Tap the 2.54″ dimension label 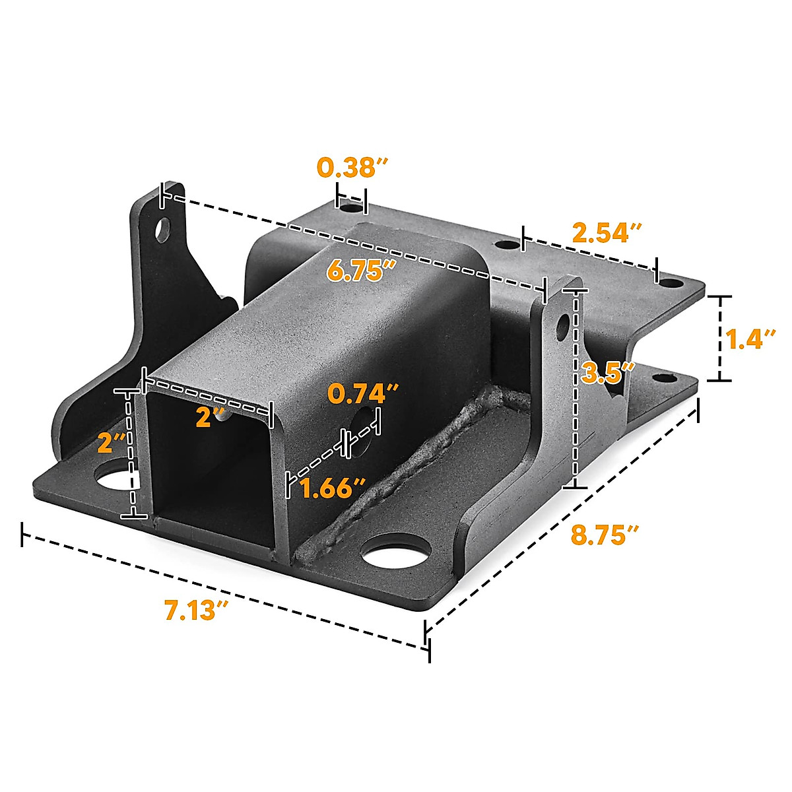pyautogui.click(x=606, y=233)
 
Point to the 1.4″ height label pyautogui.click(x=750, y=339)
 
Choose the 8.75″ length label pyautogui.click(x=605, y=535)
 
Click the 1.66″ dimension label pyautogui.click(x=331, y=489)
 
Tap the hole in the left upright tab pyautogui.click(x=162, y=229)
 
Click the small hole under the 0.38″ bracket pyautogui.click(x=351, y=208)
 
